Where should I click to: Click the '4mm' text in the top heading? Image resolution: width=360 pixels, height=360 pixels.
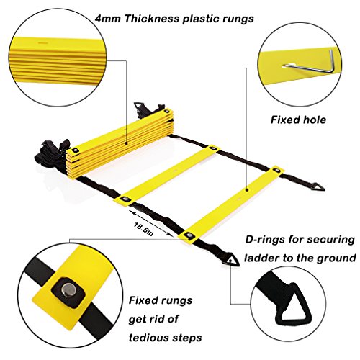point(107,19)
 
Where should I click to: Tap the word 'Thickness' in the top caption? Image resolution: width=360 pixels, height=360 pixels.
point(152,19)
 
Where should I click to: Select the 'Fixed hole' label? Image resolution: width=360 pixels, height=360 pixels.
point(298,120)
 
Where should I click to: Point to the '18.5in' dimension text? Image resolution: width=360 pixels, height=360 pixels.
point(143,229)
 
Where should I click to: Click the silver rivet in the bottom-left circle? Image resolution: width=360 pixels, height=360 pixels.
point(69,289)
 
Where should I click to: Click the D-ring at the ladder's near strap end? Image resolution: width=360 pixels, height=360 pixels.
point(230,261)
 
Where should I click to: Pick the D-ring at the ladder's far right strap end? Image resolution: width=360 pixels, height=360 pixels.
point(318,187)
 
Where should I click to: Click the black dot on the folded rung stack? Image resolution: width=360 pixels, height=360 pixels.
point(127,143)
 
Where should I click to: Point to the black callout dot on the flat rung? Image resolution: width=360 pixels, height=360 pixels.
point(247,189)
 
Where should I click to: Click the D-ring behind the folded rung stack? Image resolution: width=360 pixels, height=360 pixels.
point(138,106)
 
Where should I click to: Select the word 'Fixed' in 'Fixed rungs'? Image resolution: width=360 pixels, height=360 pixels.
point(144,300)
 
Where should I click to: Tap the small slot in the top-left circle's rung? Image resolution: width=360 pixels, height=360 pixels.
point(43,43)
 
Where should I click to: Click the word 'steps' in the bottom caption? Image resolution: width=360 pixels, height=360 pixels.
point(188,338)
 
